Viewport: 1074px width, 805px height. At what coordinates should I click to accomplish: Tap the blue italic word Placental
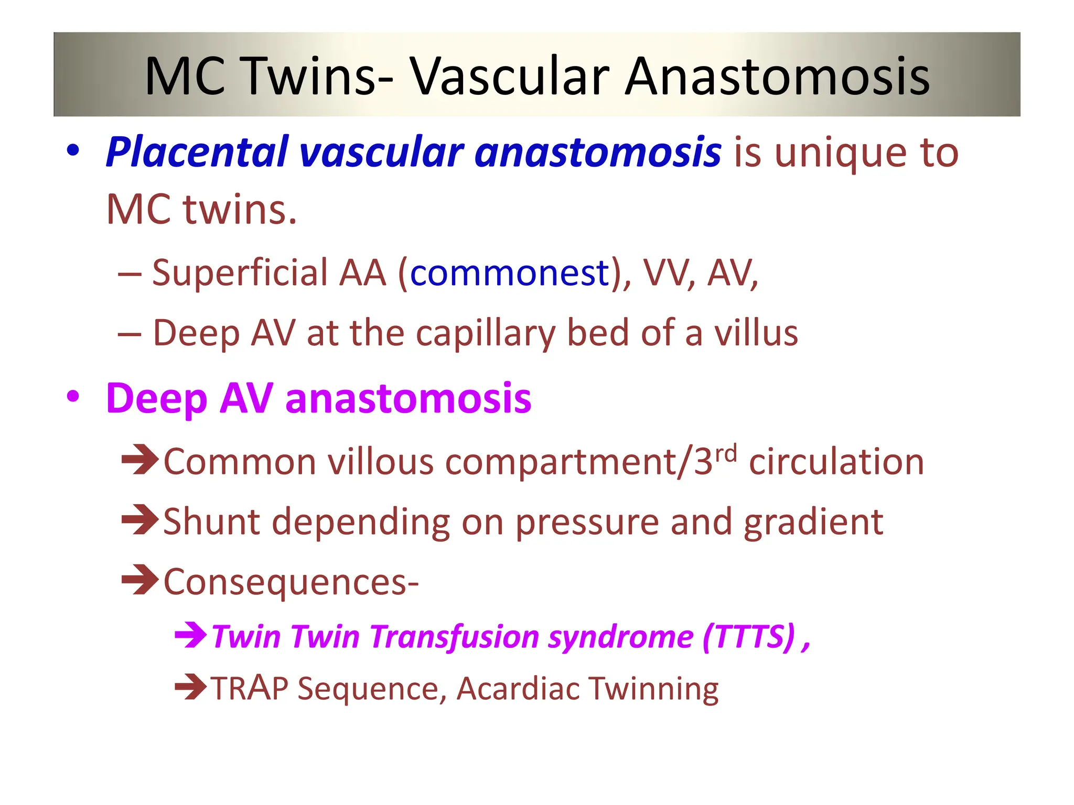pyautogui.click(x=197, y=153)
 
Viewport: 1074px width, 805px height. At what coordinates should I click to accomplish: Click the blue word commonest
pyautogui.click(x=509, y=273)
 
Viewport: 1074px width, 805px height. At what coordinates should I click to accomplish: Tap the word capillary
pyautogui.click(x=485, y=334)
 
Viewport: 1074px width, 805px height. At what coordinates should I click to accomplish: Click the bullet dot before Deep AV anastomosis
pyautogui.click(x=73, y=397)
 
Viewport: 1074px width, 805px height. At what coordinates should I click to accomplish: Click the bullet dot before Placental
pyautogui.click(x=73, y=151)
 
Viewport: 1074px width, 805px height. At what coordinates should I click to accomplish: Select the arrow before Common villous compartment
pyautogui.click(x=139, y=460)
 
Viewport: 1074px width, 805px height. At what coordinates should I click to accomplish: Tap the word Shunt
pyautogui.click(x=212, y=522)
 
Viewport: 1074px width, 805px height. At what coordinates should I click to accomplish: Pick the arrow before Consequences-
pyautogui.click(x=139, y=580)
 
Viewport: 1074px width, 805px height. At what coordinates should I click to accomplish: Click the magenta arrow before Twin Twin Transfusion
pyautogui.click(x=190, y=635)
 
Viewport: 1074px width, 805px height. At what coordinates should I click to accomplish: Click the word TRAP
pyautogui.click(x=250, y=689)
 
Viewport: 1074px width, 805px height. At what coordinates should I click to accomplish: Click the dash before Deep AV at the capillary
pyautogui.click(x=130, y=334)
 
